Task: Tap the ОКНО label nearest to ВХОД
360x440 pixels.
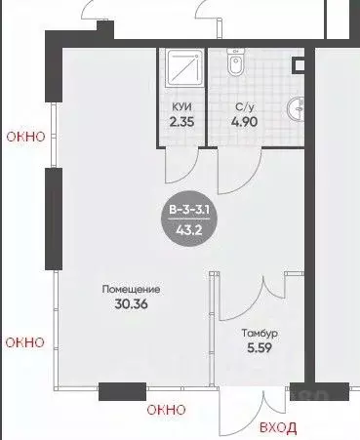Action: click(165, 411)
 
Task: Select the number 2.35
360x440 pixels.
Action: click(181, 124)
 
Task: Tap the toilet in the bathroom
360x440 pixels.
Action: click(235, 65)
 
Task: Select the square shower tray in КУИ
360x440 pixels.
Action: click(182, 69)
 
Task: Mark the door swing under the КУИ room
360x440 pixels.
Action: click(177, 166)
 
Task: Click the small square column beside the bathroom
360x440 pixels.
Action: click(300, 64)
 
